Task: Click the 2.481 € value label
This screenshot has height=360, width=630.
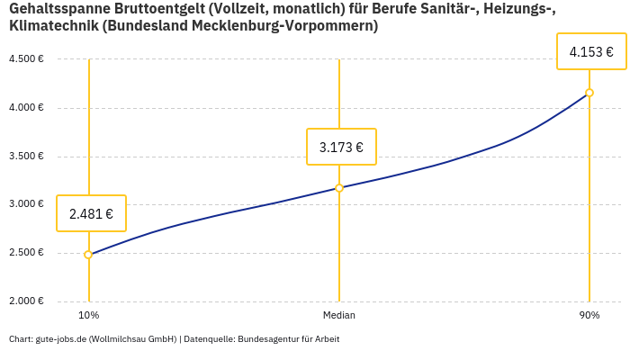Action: (x=91, y=214)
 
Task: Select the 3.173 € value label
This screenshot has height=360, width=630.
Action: (x=341, y=147)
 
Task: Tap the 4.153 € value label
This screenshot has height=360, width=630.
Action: (x=591, y=52)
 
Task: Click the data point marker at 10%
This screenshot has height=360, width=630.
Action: (x=88, y=255)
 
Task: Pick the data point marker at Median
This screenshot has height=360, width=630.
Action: (x=339, y=188)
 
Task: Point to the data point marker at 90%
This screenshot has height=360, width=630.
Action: (x=589, y=93)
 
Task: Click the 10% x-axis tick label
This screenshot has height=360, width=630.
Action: (x=88, y=316)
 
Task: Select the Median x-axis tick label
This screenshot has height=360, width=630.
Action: (x=339, y=316)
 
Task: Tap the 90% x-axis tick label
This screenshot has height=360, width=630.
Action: (x=589, y=316)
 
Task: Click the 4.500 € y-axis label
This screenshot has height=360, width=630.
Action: (x=26, y=59)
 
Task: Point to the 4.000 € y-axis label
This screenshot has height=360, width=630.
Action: (x=26, y=108)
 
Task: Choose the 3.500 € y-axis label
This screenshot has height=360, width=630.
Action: (x=26, y=157)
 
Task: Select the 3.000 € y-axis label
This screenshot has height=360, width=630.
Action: (x=26, y=204)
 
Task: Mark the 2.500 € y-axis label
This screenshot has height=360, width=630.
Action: (x=26, y=253)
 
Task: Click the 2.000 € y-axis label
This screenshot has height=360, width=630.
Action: (x=26, y=301)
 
